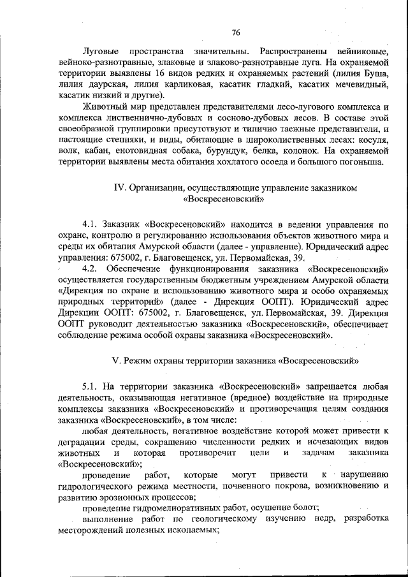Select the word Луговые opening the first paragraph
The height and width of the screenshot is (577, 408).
[x=104, y=51]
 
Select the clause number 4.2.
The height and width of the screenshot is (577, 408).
[x=91, y=268]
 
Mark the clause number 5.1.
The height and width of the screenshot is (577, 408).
[x=91, y=386]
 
